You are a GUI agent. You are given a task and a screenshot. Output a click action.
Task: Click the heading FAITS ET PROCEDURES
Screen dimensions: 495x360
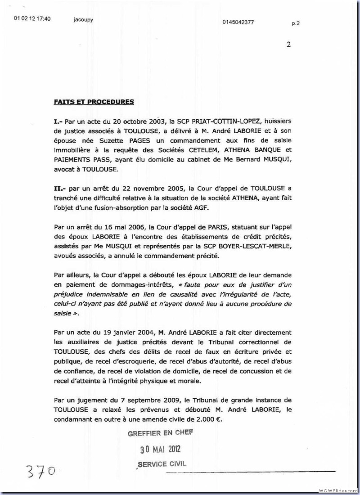click(94, 102)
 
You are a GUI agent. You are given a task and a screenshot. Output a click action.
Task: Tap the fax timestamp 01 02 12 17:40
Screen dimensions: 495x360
click(32, 19)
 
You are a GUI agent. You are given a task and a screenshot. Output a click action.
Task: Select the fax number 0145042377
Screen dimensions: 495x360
click(238, 22)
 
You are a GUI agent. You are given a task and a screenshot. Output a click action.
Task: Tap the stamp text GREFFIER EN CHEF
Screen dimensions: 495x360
click(160, 433)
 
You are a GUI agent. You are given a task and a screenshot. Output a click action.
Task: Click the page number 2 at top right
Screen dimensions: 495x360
click(288, 44)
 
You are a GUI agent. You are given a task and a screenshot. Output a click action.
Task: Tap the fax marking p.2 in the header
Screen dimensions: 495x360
click(295, 23)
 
